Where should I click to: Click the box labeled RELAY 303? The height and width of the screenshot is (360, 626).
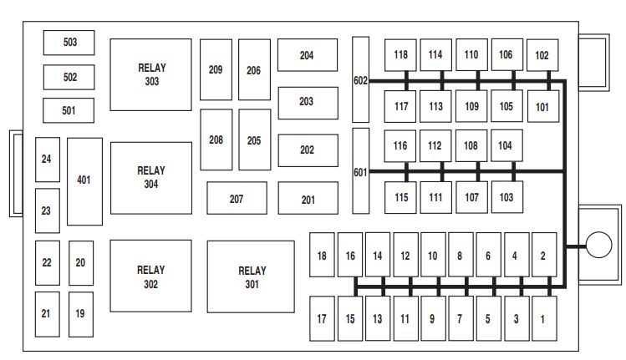[150, 74]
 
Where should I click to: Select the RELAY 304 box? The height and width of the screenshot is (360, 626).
[150, 178]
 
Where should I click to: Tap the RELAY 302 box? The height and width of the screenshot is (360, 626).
[150, 276]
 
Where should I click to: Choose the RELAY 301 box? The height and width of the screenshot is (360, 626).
[251, 276]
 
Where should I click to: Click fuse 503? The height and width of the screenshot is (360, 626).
[69, 43]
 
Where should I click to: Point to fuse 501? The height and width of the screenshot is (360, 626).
[69, 110]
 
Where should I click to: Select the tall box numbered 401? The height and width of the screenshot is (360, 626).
[84, 181]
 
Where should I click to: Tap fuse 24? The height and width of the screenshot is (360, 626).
[47, 160]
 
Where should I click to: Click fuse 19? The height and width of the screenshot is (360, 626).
[80, 313]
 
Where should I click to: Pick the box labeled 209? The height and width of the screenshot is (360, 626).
[216, 70]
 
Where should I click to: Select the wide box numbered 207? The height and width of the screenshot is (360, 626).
[237, 199]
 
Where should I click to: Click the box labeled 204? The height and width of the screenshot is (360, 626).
[307, 55]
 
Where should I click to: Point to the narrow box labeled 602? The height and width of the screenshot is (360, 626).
[360, 80]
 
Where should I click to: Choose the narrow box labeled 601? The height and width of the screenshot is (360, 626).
[360, 171]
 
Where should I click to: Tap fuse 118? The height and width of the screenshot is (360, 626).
[401, 55]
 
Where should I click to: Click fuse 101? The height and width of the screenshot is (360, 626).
[542, 106]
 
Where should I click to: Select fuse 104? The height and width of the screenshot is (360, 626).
[506, 145]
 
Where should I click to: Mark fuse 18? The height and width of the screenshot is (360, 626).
[322, 256]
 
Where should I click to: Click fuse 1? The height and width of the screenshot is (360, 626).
[543, 317]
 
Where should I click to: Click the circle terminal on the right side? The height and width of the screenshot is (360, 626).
[598, 246]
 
